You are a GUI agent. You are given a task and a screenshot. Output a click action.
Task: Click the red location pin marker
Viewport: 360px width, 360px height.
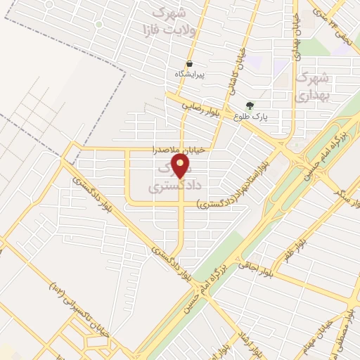[181, 167]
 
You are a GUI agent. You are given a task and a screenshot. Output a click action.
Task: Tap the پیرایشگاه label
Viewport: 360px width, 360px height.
[191, 73]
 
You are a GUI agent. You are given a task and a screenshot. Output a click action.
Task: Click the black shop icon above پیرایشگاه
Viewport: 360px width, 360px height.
[190, 63]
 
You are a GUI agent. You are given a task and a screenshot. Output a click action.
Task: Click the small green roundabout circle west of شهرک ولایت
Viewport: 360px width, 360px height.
[99, 25]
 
